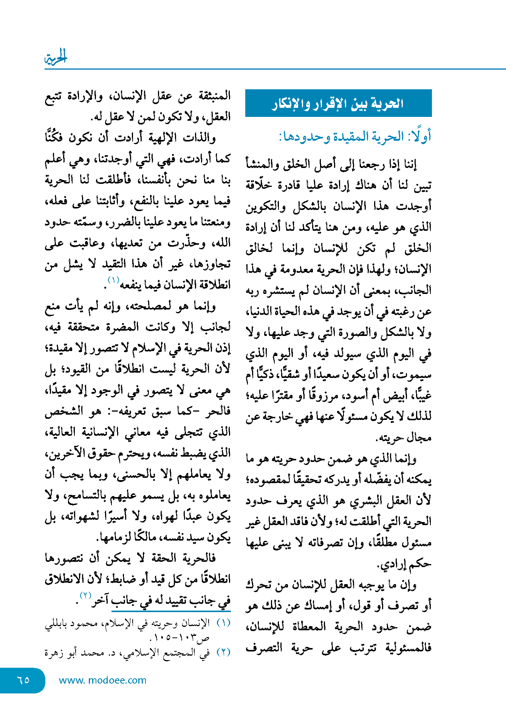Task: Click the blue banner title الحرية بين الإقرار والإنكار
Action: pos(338,103)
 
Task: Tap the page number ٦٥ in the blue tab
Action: pos(23,680)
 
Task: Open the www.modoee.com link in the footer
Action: pos(102,680)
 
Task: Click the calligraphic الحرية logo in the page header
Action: pos(56,58)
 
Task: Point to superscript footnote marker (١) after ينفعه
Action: pos(113,280)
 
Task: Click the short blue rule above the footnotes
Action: pos(171,611)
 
